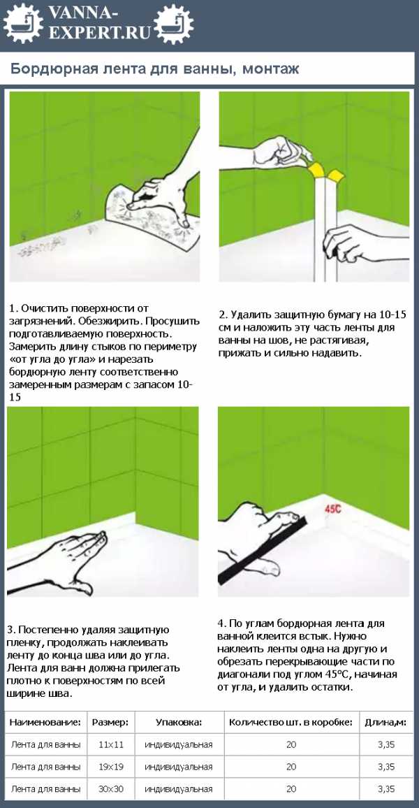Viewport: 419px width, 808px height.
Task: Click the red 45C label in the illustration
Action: pyautogui.click(x=334, y=509)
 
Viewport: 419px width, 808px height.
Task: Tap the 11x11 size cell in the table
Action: pyautogui.click(x=110, y=744)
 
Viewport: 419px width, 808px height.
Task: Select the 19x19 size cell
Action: pyautogui.click(x=111, y=767)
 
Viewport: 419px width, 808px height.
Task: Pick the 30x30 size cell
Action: pyautogui.click(x=111, y=789)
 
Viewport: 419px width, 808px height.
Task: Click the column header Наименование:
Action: pyautogui.click(x=45, y=722)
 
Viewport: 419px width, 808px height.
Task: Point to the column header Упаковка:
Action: pyautogui.click(x=179, y=722)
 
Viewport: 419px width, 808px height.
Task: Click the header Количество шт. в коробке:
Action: pyautogui.click(x=291, y=722)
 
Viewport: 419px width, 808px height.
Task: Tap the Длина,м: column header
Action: pyautogui.click(x=385, y=722)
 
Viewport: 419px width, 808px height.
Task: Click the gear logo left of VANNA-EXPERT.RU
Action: pyautogui.click(x=23, y=23)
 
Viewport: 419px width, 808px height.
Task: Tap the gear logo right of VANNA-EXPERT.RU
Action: pyautogui.click(x=173, y=23)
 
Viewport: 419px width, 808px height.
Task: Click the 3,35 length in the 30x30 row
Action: pyautogui.click(x=386, y=789)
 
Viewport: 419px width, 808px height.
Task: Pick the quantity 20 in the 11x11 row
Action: pyautogui.click(x=291, y=744)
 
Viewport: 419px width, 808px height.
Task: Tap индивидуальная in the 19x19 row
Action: pyautogui.click(x=179, y=767)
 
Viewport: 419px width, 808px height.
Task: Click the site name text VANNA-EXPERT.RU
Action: pyautogui.click(x=98, y=23)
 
